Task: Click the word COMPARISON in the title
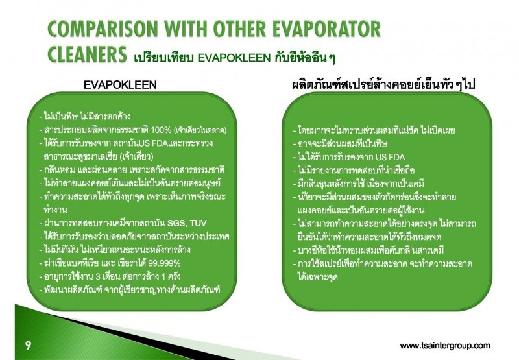pos(103,29)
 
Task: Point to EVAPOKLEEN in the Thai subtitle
pos(234,58)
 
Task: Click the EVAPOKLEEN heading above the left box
pos(120,85)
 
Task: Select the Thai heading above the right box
pos(383,85)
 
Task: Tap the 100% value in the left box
pos(161,130)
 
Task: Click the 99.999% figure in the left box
pos(164,263)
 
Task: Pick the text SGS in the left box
pos(176,223)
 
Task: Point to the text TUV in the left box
pos(199,223)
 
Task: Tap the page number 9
pos(28,346)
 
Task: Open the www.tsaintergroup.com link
pos(445,346)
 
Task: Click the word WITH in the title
pos(186,29)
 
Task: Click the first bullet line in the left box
pos(85,117)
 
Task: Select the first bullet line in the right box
pos(374,130)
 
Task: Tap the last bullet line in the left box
pos(130,290)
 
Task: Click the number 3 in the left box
pos(98,276)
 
